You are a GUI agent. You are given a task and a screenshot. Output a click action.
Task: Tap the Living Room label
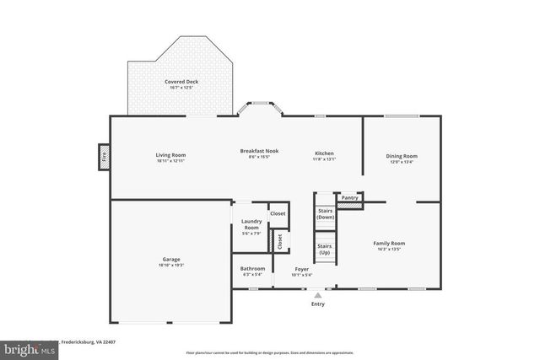170,155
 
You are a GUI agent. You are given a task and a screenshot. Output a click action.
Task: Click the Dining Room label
402,156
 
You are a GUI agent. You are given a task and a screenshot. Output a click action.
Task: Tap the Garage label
171,259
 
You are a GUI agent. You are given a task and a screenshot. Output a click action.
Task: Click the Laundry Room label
251,224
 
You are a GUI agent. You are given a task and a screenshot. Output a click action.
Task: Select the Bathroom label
253,268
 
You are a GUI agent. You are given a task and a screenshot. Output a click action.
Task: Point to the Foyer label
301,269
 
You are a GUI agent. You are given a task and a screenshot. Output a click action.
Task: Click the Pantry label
349,197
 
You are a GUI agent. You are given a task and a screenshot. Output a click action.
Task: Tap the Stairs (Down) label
326,214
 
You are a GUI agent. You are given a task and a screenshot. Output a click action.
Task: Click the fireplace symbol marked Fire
104,157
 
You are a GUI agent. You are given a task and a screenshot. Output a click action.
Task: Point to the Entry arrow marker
317,295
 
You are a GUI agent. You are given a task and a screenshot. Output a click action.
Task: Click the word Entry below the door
317,304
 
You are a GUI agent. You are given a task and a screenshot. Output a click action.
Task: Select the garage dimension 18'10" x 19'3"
171,265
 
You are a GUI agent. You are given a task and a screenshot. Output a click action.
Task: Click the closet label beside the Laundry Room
278,213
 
